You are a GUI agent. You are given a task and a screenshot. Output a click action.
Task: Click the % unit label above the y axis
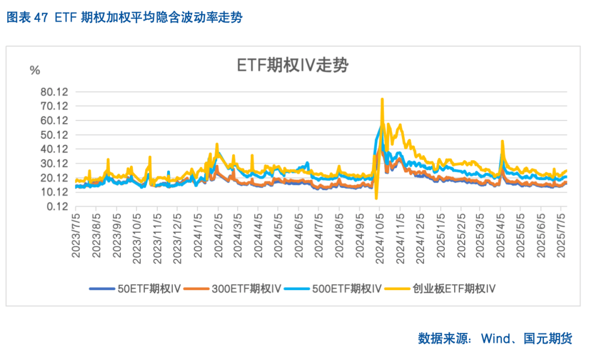click(35, 70)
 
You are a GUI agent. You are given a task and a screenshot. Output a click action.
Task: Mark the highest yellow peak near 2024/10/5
click(382, 99)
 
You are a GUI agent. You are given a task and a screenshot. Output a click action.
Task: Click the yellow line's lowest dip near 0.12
click(376, 198)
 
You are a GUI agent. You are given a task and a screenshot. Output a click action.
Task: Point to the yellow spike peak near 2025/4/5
click(502, 141)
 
